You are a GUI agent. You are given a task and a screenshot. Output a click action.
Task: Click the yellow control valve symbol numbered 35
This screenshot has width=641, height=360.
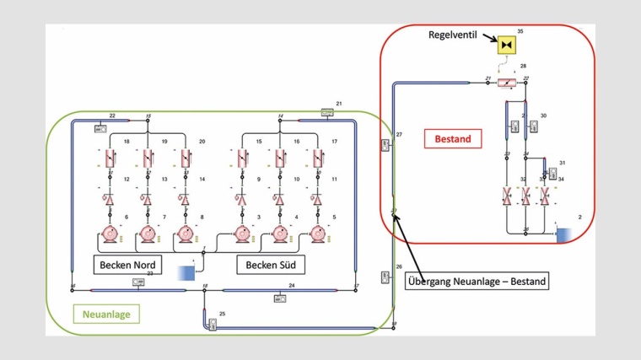(x=507, y=43)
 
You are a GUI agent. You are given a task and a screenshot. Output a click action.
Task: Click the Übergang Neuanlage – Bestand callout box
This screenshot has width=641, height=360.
(x=477, y=281)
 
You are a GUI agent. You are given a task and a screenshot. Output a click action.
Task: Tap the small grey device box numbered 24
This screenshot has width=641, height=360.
(x=279, y=297)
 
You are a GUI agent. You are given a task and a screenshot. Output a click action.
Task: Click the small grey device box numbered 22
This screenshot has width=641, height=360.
(x=100, y=129)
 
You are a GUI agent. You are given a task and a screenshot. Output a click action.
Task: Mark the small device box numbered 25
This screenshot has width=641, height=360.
(x=213, y=325)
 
